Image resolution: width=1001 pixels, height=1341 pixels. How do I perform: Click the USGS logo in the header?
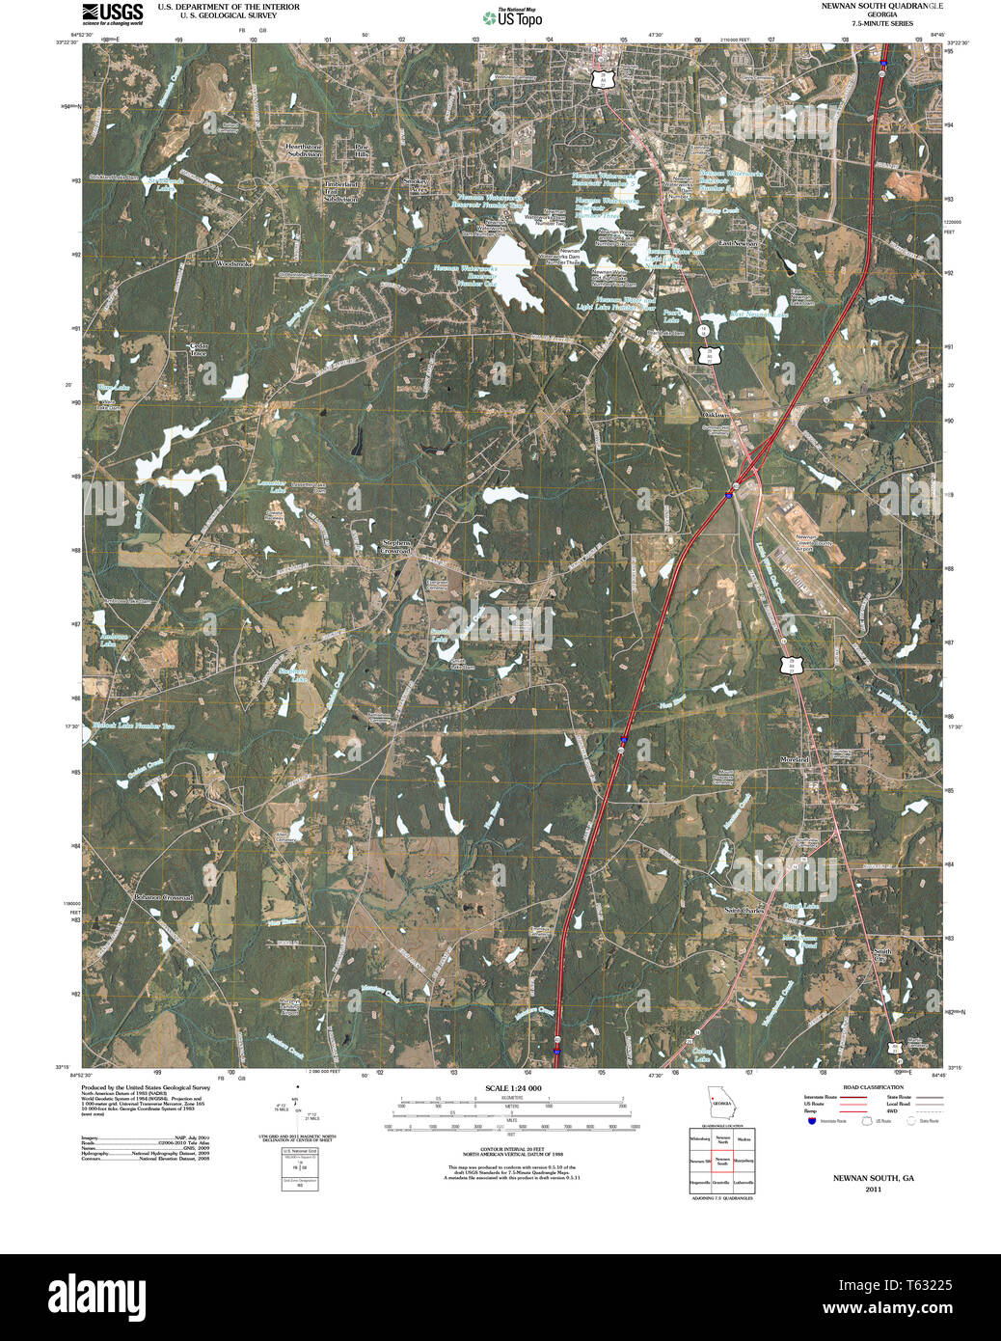point(113,14)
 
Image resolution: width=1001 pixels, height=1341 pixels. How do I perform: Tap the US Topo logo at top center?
point(512,17)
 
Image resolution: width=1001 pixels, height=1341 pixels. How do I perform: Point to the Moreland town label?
point(795,760)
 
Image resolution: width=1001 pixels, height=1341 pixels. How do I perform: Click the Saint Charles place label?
point(744,910)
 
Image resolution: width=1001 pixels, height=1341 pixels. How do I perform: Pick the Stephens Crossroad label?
point(396,547)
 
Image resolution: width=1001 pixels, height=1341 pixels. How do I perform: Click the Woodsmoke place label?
point(234,263)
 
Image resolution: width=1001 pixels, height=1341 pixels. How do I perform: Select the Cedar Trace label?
point(199,349)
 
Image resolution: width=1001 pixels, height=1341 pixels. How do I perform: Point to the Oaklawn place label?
point(715,415)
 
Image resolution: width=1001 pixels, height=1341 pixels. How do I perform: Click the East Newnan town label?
point(738,243)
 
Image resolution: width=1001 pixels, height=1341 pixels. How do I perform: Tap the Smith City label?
point(881,955)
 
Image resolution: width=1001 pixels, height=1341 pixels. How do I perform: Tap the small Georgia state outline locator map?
point(720,1102)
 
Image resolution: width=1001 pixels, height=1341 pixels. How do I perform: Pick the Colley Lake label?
point(701,1054)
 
